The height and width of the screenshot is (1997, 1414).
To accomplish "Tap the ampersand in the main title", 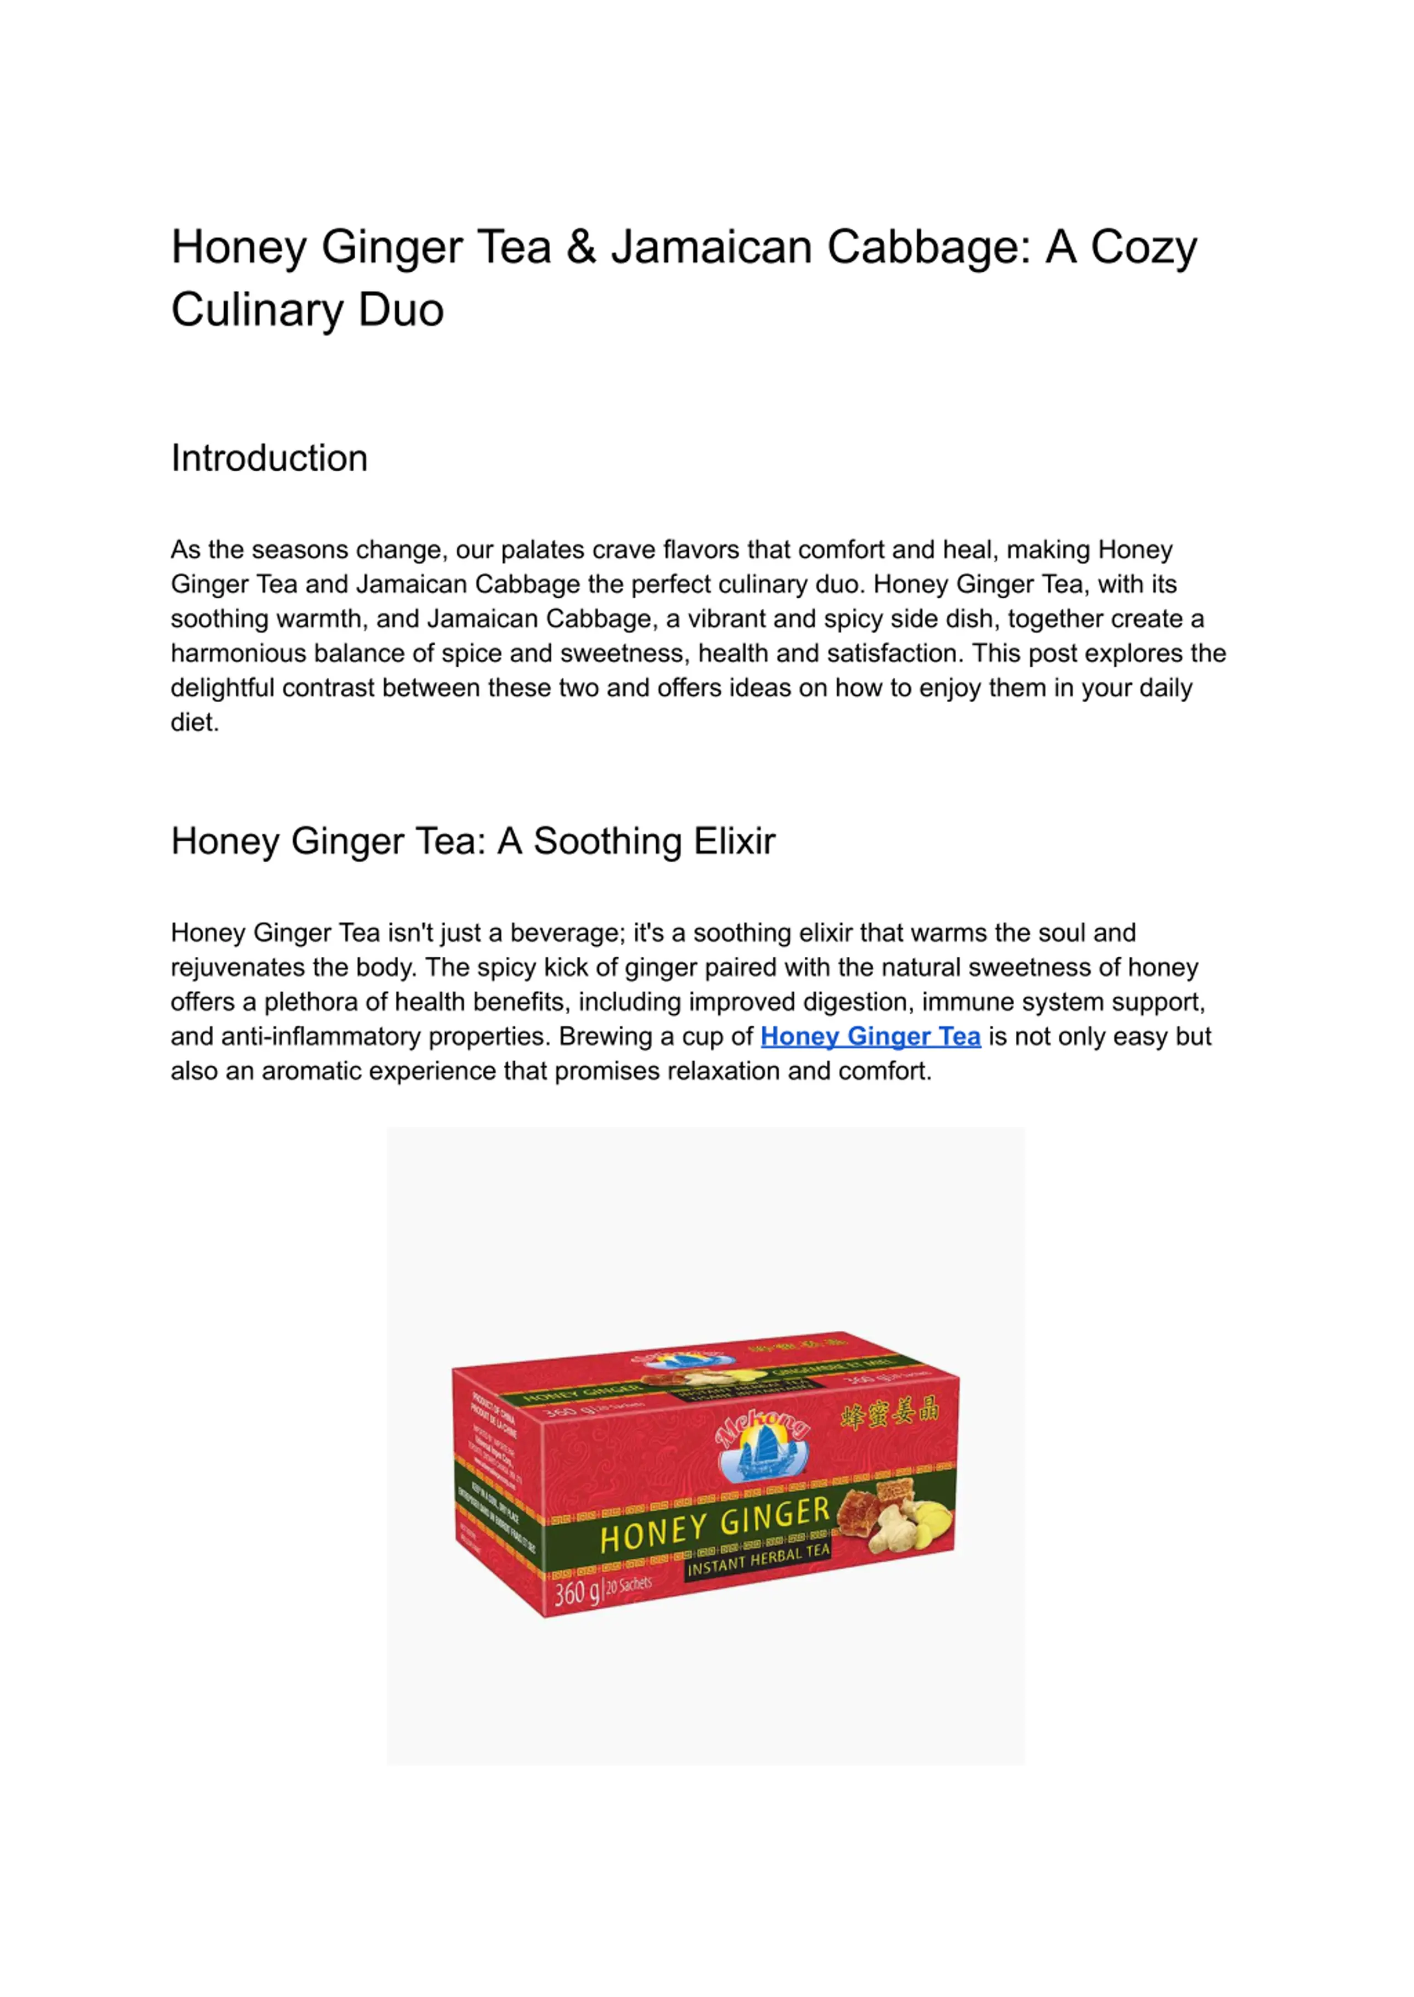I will coord(581,247).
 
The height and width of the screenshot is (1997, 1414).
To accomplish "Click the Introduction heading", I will coord(269,458).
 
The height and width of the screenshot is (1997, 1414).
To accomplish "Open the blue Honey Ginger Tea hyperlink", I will coord(870,1036).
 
